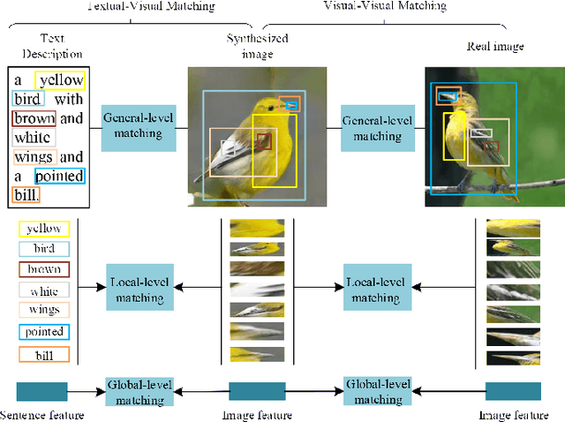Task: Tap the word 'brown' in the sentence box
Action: (x=34, y=118)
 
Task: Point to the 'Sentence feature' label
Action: (x=41, y=414)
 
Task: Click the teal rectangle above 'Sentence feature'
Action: (x=41, y=391)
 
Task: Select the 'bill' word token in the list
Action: (x=44, y=354)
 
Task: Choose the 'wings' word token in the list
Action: (x=44, y=310)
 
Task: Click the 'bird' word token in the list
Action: (x=44, y=249)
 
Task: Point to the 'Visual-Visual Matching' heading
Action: (x=397, y=5)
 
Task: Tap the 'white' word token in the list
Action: (x=44, y=290)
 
